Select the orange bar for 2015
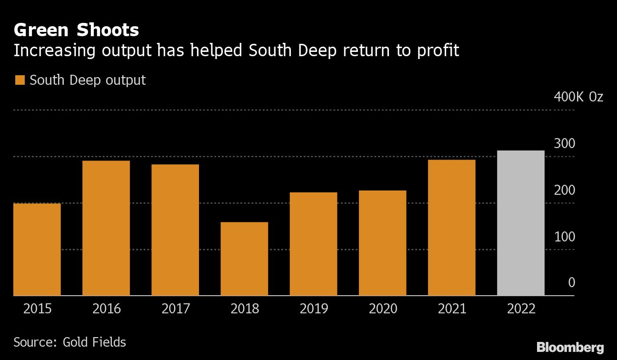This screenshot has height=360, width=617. pyautogui.click(x=37, y=250)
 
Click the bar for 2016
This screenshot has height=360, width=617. pyautogui.click(x=106, y=228)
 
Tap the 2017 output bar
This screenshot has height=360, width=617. pyautogui.click(x=175, y=230)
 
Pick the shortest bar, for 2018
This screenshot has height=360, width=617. pyautogui.click(x=244, y=259)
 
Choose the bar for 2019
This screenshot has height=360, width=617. pyautogui.click(x=313, y=244)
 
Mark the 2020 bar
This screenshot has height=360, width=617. pyautogui.click(x=382, y=243)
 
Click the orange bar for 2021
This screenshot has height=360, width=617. pyautogui.click(x=451, y=228)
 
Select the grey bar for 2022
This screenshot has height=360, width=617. pyautogui.click(x=520, y=223)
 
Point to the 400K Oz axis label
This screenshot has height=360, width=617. pyautogui.click(x=578, y=97)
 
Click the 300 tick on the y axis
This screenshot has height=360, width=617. pyautogui.click(x=565, y=143)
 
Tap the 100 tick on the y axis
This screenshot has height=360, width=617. pyautogui.click(x=565, y=237)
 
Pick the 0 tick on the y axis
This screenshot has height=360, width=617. pyautogui.click(x=571, y=283)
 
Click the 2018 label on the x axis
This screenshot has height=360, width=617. pyautogui.click(x=245, y=309)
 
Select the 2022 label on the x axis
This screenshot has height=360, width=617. pyautogui.click(x=521, y=309)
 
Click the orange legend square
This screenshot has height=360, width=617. pyautogui.click(x=20, y=80)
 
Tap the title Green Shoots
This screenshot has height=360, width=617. pyautogui.click(x=76, y=30)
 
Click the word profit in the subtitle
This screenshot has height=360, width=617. pyautogui.click(x=437, y=50)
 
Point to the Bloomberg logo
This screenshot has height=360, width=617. pyautogui.click(x=570, y=347)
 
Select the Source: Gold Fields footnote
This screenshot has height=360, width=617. pyautogui.click(x=70, y=342)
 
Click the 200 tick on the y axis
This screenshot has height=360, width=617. pyautogui.click(x=565, y=190)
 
